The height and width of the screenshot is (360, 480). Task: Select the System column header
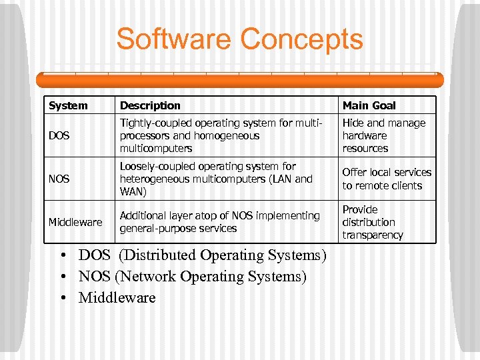point(68,105)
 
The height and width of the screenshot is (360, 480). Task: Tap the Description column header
point(150,105)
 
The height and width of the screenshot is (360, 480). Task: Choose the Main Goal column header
point(369,105)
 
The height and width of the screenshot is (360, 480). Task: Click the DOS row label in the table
point(59,136)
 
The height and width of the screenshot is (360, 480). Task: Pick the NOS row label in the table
point(59,179)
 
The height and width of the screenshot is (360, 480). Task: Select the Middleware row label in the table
point(75,222)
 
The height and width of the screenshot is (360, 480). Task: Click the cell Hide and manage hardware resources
point(383,136)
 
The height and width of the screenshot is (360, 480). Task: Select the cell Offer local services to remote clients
point(387,179)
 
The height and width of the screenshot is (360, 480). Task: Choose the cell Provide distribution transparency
point(373,222)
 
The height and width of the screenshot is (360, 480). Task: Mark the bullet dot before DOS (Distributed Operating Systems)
point(61,255)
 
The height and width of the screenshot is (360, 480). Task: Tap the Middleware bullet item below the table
point(117,297)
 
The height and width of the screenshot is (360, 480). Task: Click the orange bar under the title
point(239,80)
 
